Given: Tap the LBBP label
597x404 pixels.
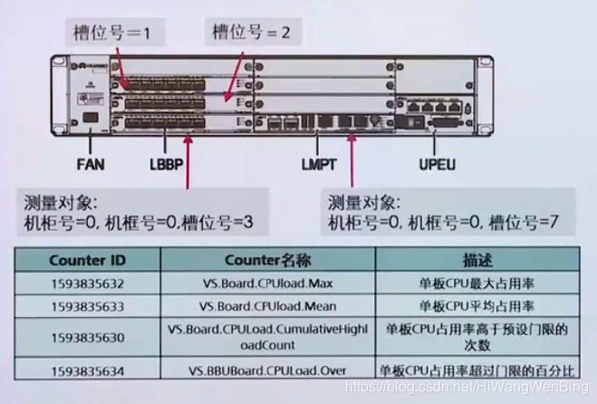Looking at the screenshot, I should tap(167, 166).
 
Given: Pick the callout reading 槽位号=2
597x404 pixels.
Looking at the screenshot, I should tap(250, 33).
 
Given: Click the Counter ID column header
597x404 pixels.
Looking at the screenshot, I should tap(88, 260).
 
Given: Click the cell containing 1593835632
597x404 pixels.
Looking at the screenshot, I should tap(88, 284).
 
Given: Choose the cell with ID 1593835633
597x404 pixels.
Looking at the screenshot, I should tap(88, 306).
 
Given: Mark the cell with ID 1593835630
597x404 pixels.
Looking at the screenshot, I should tap(88, 337).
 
